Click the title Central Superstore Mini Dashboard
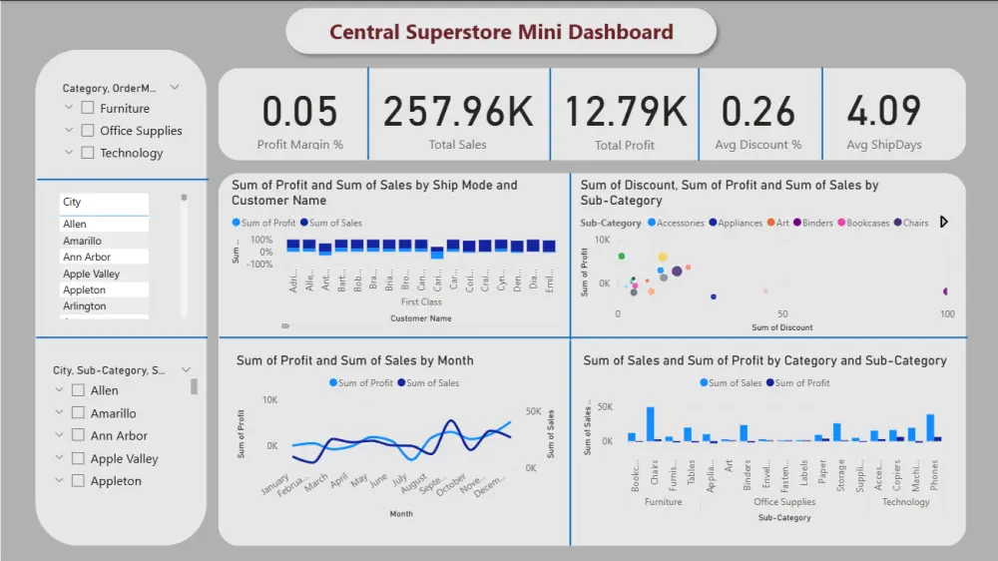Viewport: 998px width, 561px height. (501, 32)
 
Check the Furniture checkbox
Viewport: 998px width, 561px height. (88, 108)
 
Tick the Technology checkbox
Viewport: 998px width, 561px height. (88, 153)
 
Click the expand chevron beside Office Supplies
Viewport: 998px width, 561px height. (69, 130)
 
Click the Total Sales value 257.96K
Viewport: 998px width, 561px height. (458, 111)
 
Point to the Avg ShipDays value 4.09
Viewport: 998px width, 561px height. (883, 111)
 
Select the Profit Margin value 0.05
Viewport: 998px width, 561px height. (299, 111)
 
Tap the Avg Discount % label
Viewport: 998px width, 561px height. (758, 145)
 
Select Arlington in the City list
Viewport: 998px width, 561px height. (85, 306)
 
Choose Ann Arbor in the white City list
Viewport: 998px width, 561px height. (86, 258)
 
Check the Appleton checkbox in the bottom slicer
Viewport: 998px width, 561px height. (78, 481)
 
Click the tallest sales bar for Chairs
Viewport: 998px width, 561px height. (651, 423)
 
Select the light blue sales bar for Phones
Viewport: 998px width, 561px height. (930, 427)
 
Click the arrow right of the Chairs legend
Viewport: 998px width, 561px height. (944, 223)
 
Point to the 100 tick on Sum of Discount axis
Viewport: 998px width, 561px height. (947, 313)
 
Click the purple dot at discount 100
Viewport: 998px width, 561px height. (946, 291)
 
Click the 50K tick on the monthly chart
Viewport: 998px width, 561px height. (533, 411)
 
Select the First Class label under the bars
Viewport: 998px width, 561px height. (420, 301)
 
